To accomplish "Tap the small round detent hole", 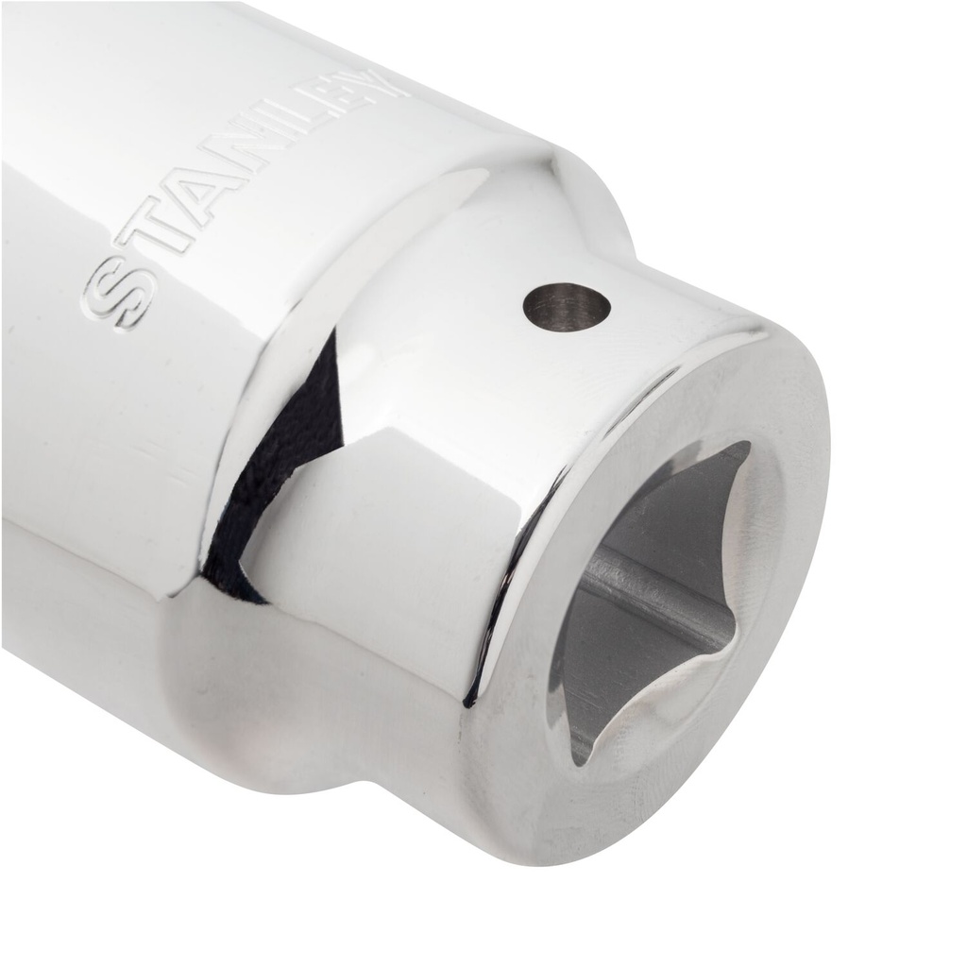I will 567,307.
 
